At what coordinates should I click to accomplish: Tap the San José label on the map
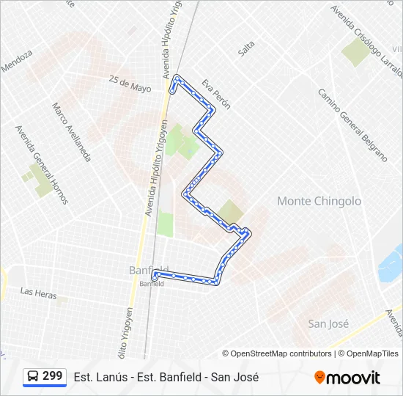tap(328, 323)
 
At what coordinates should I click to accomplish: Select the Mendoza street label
tap(17, 61)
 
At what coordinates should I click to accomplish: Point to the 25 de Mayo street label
tap(130, 84)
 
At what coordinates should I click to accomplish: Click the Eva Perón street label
tap(216, 94)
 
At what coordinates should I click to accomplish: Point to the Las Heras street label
tap(38, 292)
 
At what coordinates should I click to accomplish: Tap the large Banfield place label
tap(147, 270)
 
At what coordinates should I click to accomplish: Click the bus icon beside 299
tap(33, 376)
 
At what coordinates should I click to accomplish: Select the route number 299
tap(53, 376)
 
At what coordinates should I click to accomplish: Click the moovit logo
tap(347, 378)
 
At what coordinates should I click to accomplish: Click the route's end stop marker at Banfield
tap(154, 276)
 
